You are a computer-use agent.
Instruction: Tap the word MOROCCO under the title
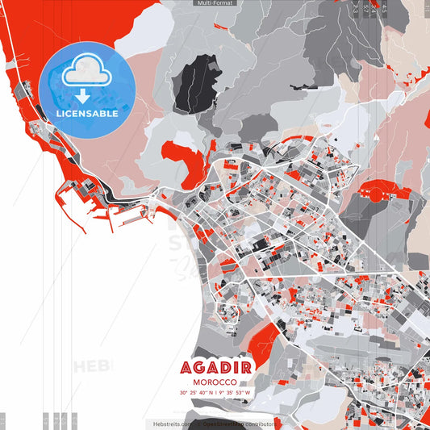(x=215, y=382)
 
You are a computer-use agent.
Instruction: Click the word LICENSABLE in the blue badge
(x=87, y=114)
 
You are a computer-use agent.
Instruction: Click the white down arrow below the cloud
(x=83, y=95)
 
